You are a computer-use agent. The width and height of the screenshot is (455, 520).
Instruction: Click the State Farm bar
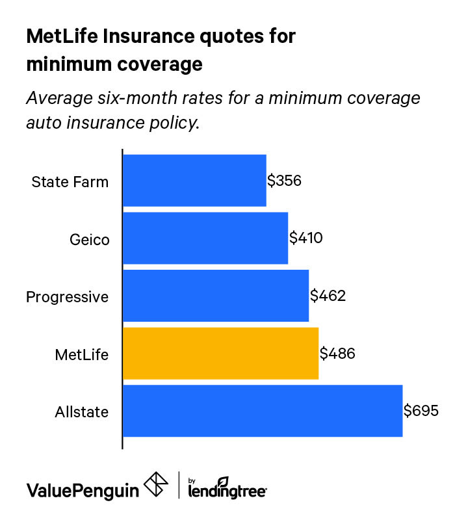[x=194, y=181]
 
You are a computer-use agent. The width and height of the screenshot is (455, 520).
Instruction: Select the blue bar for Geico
[x=205, y=238]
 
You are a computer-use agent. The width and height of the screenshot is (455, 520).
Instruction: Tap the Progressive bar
[x=216, y=296]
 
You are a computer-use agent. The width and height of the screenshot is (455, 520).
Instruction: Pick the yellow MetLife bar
[x=220, y=354]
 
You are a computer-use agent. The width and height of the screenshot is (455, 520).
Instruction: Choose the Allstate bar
[x=263, y=411]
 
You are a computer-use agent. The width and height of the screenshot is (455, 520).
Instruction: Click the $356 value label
[x=285, y=181]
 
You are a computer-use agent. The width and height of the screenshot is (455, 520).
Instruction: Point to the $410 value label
[x=306, y=238]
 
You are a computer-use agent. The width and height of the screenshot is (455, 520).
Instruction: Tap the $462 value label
[x=328, y=296]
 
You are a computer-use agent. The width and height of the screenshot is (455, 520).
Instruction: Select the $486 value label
[x=337, y=354]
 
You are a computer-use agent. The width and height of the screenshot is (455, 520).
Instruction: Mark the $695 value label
[x=421, y=411]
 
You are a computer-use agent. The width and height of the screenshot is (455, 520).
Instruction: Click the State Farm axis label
[x=70, y=181]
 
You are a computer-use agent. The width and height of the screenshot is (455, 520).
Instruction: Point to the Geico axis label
[x=89, y=239]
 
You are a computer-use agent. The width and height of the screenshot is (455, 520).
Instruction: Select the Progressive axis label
[x=67, y=297]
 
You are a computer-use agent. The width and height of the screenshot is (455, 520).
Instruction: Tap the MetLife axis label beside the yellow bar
[x=82, y=355]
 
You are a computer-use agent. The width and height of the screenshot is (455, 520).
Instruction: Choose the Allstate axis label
[x=83, y=412]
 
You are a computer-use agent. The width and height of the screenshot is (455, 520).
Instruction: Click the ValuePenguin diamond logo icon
[x=155, y=485]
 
